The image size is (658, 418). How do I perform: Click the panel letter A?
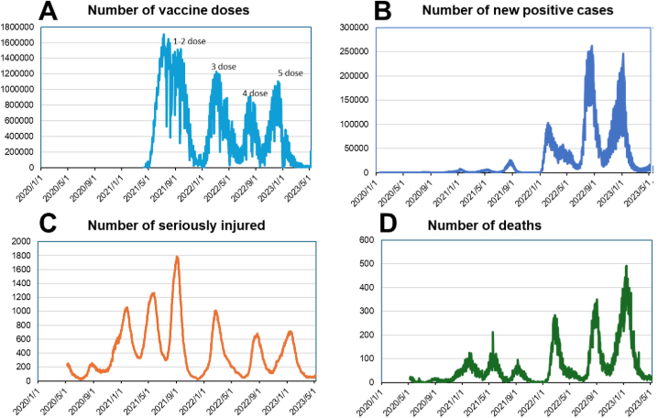(19, 14)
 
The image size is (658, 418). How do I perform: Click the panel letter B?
(356, 14)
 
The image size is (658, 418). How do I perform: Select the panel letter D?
(354, 223)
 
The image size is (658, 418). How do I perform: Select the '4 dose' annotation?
(255, 93)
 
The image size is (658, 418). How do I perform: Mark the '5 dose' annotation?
(291, 72)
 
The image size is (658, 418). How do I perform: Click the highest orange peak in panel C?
(177, 258)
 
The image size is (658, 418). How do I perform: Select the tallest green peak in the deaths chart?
(627, 267)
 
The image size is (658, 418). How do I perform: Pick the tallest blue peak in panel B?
(591, 46)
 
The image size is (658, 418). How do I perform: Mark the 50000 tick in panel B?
(356, 148)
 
